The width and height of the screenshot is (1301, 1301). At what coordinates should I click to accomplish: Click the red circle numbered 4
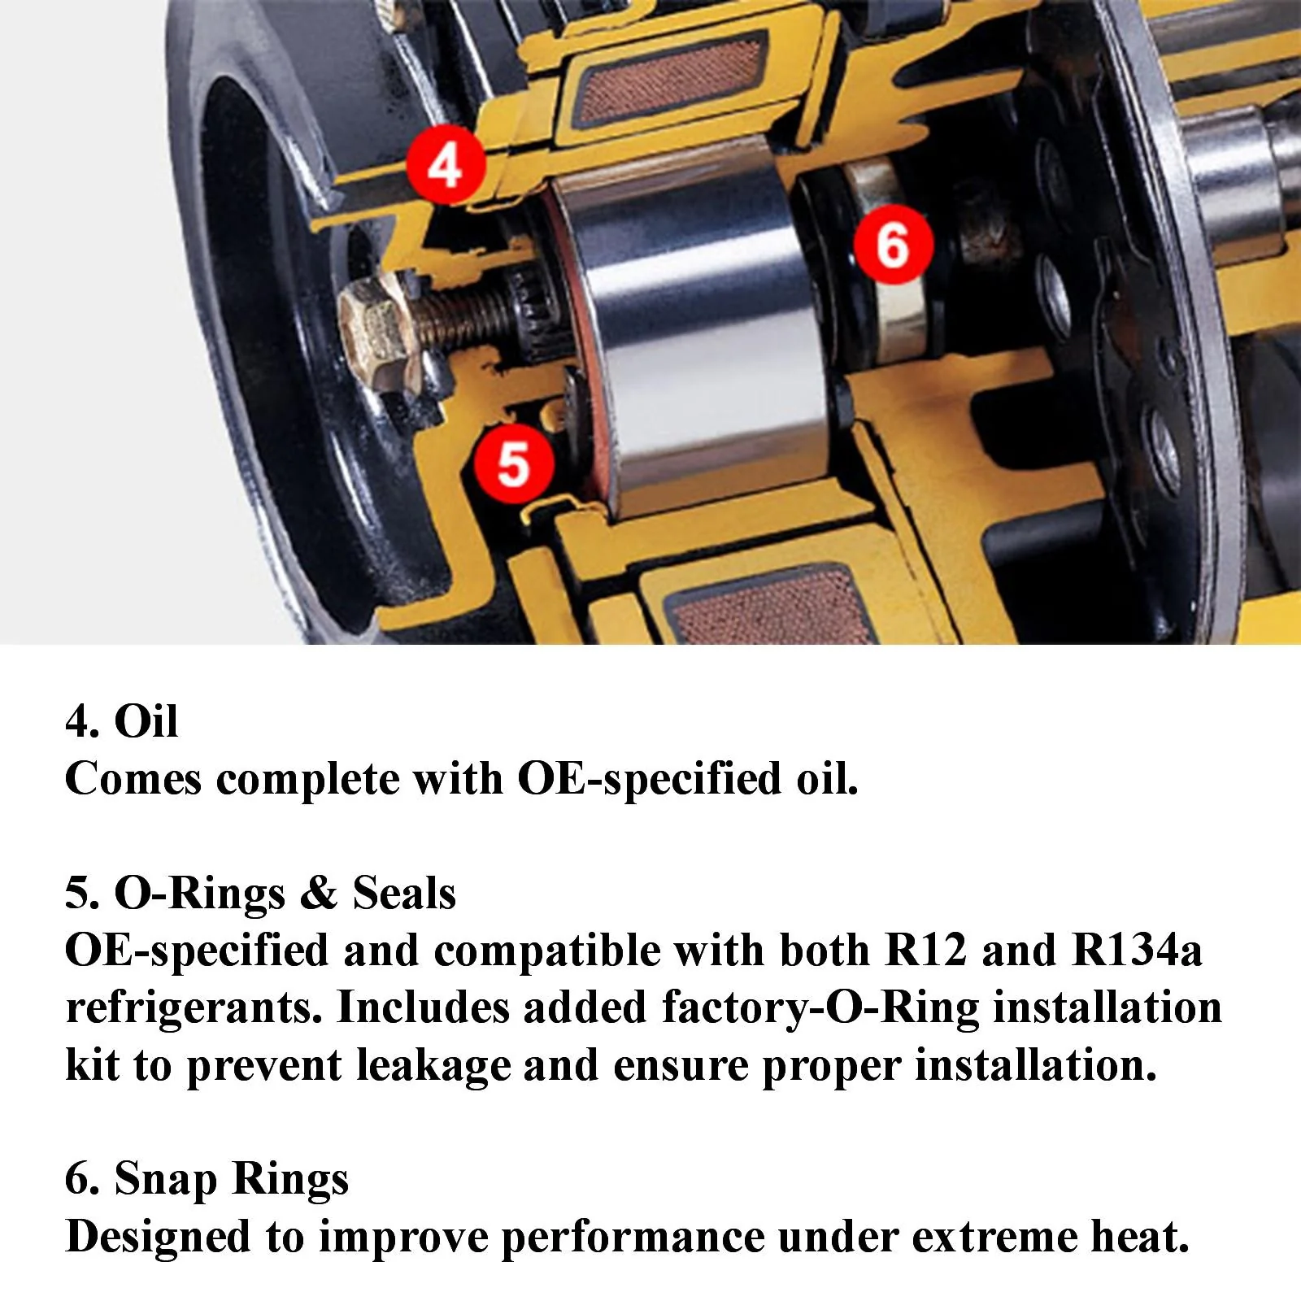[x=446, y=165]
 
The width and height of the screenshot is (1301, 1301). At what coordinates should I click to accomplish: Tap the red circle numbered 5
[x=514, y=463]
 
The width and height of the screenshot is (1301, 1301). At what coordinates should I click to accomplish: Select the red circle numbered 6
[x=892, y=245]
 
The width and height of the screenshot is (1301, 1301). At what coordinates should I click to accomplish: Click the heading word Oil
[x=146, y=721]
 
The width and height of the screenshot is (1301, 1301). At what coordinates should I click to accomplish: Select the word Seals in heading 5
[x=404, y=894]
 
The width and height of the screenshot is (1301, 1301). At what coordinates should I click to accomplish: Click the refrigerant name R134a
[x=1137, y=951]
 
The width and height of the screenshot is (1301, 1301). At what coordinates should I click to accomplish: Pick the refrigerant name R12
[x=926, y=951]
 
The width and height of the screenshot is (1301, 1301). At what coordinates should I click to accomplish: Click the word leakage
[x=433, y=1067]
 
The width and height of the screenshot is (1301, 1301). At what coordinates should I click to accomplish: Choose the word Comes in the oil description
[x=133, y=779]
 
